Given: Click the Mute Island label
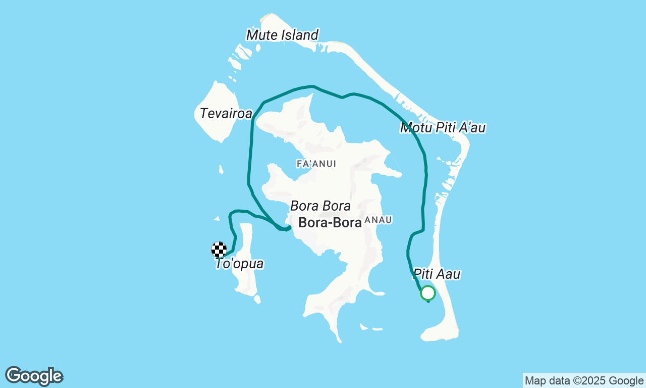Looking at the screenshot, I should click(x=282, y=35).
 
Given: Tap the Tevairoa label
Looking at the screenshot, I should click(x=226, y=114).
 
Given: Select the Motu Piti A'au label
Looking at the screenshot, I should click(x=443, y=128).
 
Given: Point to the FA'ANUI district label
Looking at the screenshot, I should click(x=316, y=164).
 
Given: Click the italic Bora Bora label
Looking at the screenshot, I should click(x=320, y=206).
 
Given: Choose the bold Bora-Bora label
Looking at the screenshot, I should click(x=330, y=223).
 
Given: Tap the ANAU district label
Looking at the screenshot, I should click(x=378, y=220).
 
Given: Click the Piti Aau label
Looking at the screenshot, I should click(x=437, y=274).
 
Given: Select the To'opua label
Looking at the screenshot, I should click(x=239, y=264).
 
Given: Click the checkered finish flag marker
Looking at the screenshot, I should click(x=219, y=250).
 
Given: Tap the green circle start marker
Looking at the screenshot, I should click(x=427, y=293).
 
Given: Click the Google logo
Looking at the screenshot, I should click(x=34, y=376).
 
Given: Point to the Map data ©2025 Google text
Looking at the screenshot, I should click(x=584, y=380).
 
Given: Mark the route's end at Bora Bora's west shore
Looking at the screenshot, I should click(x=288, y=228).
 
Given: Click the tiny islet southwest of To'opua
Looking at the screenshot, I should click(x=257, y=299).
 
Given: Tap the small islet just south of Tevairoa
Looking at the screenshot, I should click(x=221, y=169).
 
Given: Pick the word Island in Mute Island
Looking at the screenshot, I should click(x=300, y=35).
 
